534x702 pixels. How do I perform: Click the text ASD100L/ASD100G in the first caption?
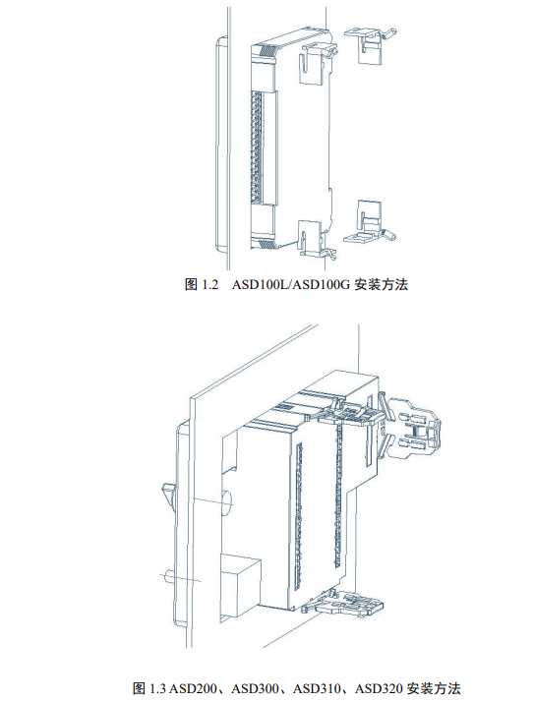290,285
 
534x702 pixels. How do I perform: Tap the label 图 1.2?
201,285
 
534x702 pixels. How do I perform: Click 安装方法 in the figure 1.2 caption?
381,285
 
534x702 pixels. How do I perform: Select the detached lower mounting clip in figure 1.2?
370,222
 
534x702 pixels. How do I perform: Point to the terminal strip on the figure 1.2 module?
257,146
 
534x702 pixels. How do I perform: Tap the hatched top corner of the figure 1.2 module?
267,50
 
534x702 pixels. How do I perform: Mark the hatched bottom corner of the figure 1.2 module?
268,244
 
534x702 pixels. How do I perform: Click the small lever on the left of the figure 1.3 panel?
169,495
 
